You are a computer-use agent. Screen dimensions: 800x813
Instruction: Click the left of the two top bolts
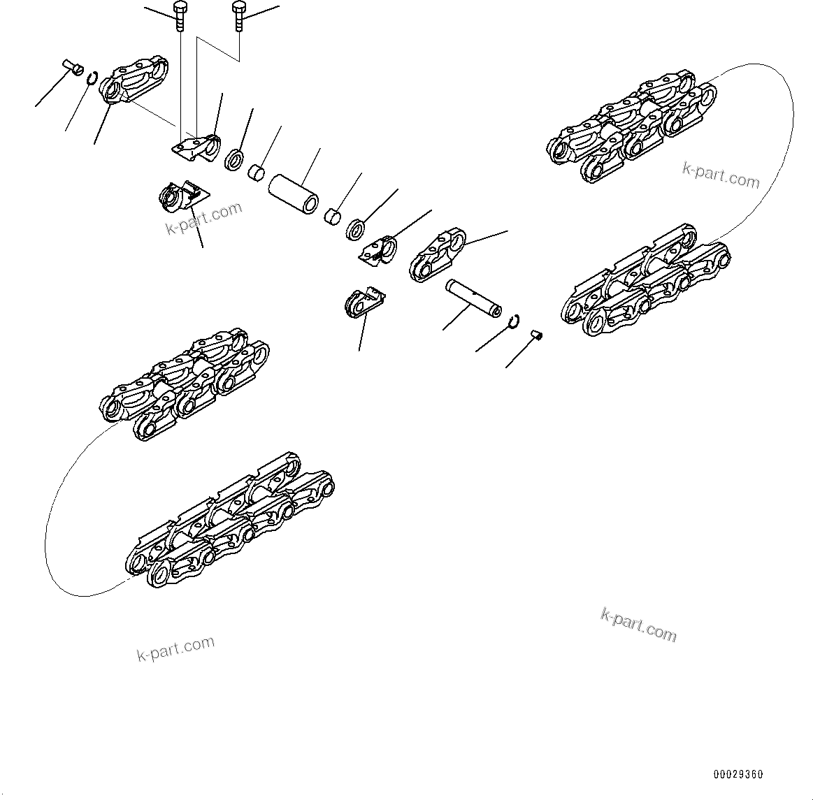point(179,15)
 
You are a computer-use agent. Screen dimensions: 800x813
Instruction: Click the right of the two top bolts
point(239,15)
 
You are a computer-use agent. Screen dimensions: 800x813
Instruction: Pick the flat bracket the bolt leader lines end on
point(195,149)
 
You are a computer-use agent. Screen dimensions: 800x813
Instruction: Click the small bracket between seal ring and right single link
point(379,251)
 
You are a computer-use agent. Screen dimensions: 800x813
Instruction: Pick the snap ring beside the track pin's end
point(514,320)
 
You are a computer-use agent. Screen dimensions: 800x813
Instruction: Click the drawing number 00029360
point(738,774)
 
